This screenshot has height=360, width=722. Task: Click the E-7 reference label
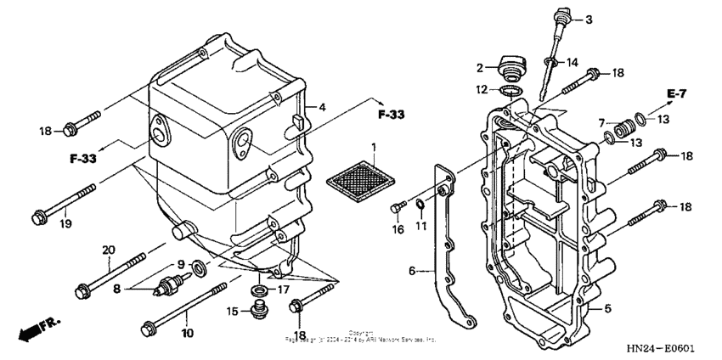(676, 92)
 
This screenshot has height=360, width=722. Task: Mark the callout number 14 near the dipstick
(573, 61)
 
